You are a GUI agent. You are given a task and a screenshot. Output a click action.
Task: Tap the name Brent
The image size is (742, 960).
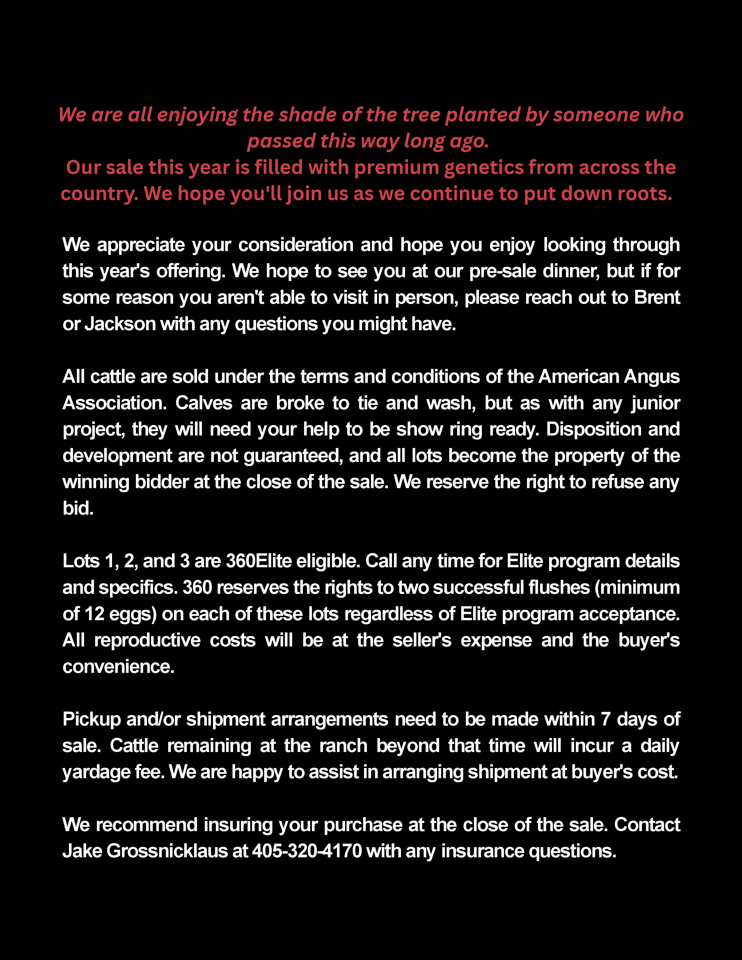pyautogui.click(x=657, y=298)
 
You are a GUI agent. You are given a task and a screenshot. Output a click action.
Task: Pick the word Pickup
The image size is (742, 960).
pyautogui.click(x=91, y=719)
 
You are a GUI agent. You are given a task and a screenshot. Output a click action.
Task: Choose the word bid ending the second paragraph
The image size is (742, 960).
pyautogui.click(x=77, y=509)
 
